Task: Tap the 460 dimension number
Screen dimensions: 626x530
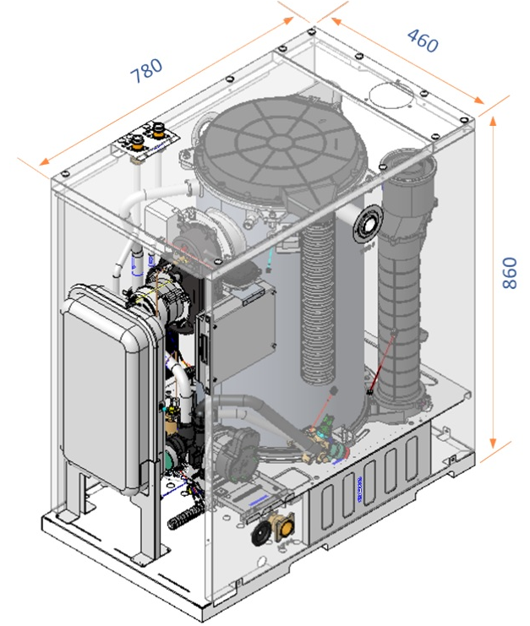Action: click(x=422, y=41)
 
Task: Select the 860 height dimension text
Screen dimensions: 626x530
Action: click(x=509, y=273)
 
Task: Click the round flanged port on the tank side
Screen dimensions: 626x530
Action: click(x=369, y=225)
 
